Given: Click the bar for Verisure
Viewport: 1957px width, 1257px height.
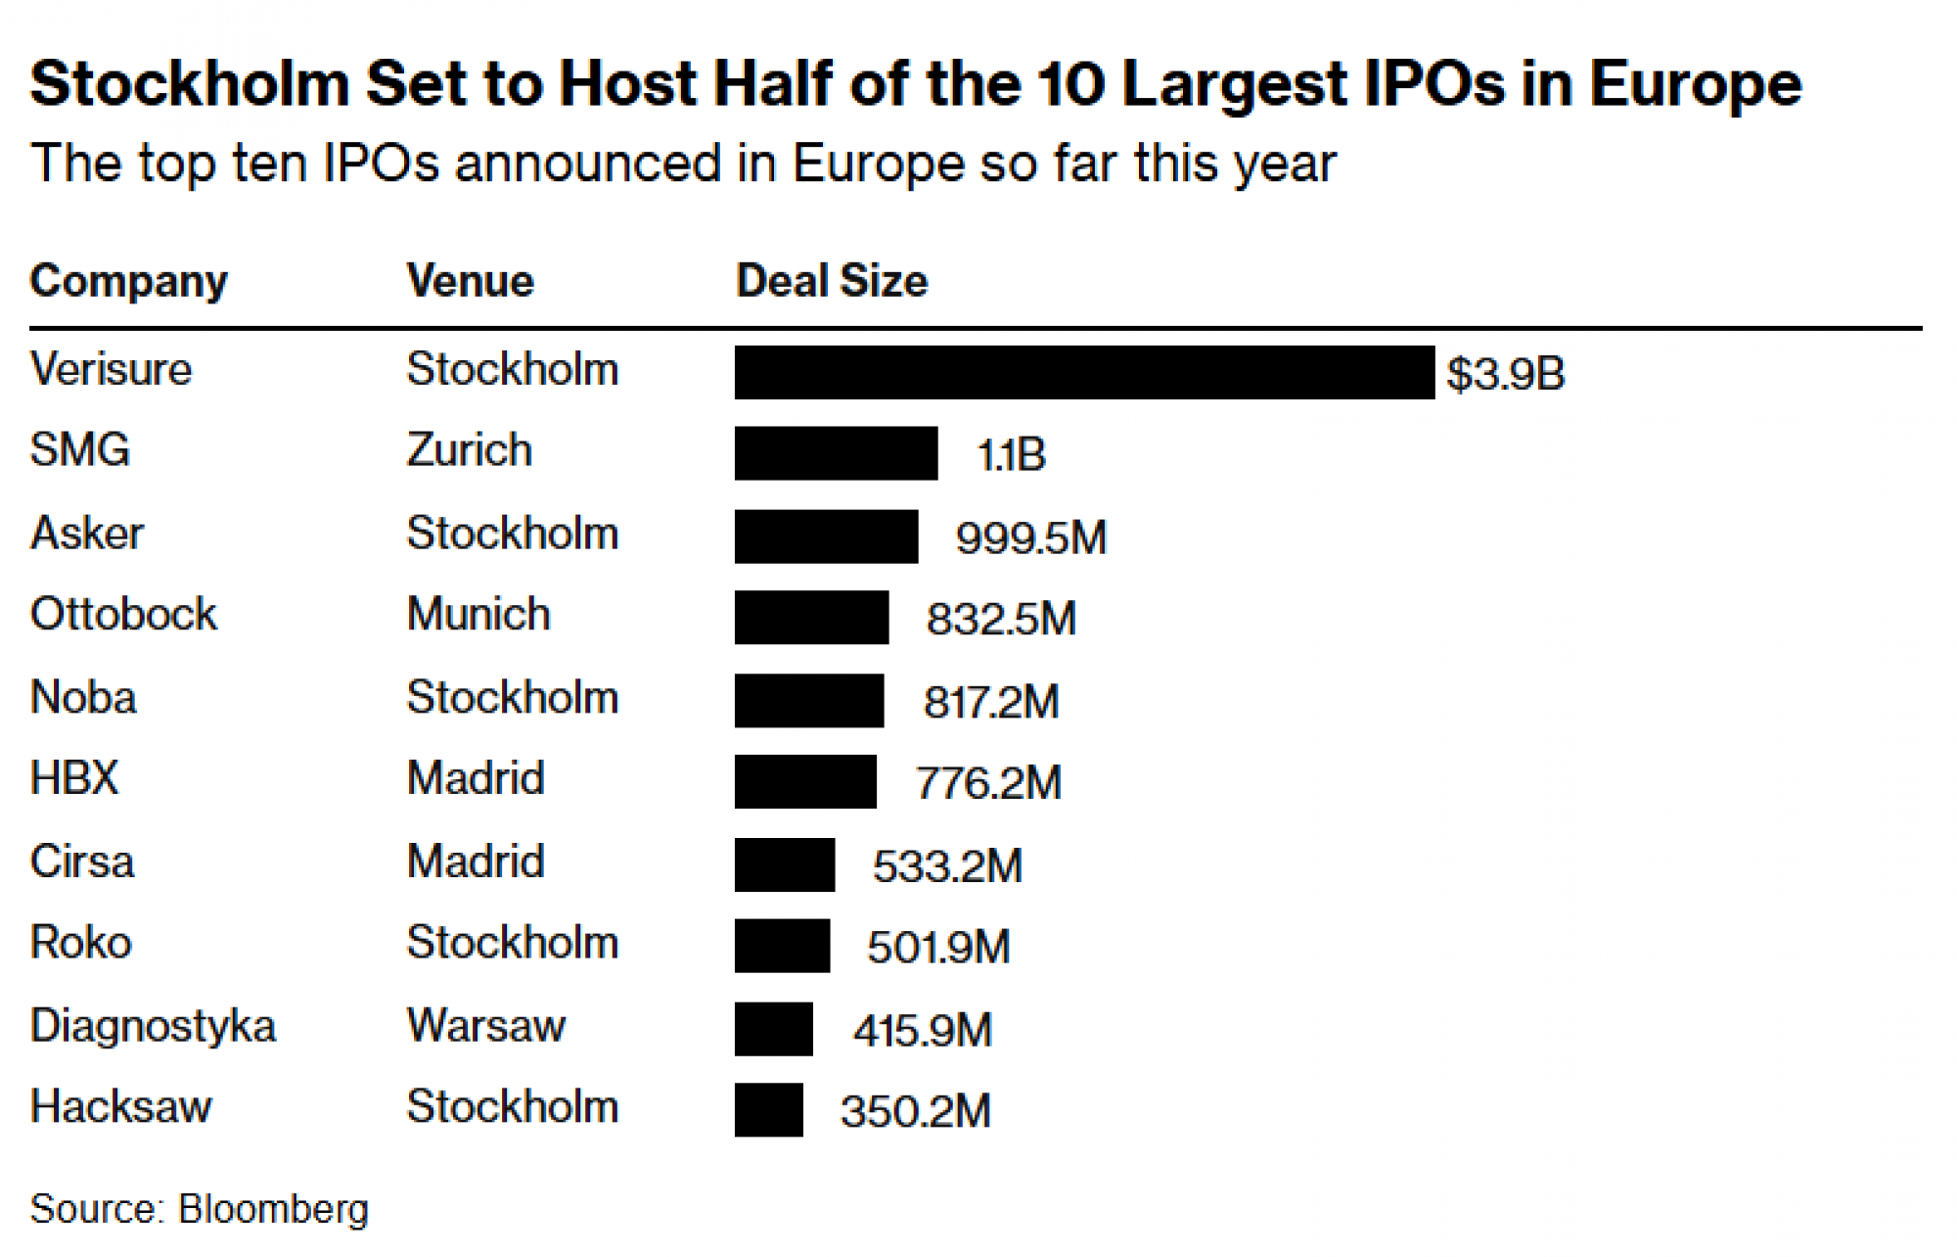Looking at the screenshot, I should pos(1084,372).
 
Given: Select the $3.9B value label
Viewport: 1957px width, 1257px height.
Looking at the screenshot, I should pos(1506,374).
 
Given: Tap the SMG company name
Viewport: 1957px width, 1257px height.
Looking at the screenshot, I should pos(80,450).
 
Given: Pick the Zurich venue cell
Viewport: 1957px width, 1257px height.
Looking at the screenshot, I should pos(470,450).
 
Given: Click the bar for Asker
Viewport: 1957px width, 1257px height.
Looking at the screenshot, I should pos(827,536).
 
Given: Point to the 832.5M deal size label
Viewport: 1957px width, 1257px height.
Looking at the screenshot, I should pos(1001,619).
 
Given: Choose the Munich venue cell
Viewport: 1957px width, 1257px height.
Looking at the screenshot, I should pos(478,615).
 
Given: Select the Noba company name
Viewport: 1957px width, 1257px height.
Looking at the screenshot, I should pos(83,698).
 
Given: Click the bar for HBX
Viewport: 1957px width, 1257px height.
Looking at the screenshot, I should pos(805,781).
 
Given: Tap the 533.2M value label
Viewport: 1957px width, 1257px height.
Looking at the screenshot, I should pos(947,866).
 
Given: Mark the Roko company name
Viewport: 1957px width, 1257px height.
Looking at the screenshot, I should pos(81,943).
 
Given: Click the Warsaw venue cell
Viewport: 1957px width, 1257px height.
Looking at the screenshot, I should pos(486,1026).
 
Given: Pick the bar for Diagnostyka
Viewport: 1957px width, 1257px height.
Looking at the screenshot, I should pos(774,1029).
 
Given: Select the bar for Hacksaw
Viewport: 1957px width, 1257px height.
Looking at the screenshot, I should pos(769,1110).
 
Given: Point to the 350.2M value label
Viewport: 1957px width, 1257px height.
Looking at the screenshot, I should pos(915,1111).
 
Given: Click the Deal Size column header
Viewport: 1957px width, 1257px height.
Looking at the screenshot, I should pos(832,282).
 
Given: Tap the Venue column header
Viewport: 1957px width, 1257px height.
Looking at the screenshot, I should pos(471,282).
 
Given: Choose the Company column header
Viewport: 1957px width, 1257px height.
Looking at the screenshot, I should pos(129,282).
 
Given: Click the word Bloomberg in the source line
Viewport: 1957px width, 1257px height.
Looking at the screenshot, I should pos(274,1209).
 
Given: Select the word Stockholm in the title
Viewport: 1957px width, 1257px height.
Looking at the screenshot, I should pos(190,84).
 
